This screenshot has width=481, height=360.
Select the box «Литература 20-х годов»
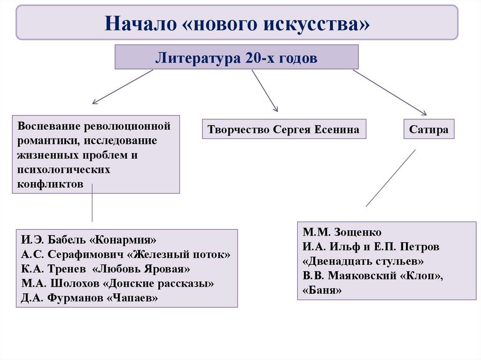click(x=237, y=58)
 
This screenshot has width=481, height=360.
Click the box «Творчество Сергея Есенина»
click(x=284, y=129)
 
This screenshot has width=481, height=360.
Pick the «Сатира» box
click(x=428, y=129)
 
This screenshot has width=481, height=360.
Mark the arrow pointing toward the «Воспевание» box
click(x=123, y=86)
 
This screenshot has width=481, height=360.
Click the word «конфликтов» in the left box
click(x=51, y=184)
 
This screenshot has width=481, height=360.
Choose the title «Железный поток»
click(x=179, y=255)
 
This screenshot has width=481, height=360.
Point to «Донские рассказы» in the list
click(x=158, y=283)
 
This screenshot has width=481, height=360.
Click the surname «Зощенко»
click(x=358, y=232)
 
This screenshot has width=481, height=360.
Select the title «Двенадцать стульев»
click(x=364, y=261)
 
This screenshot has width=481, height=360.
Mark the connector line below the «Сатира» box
click(x=391, y=178)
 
